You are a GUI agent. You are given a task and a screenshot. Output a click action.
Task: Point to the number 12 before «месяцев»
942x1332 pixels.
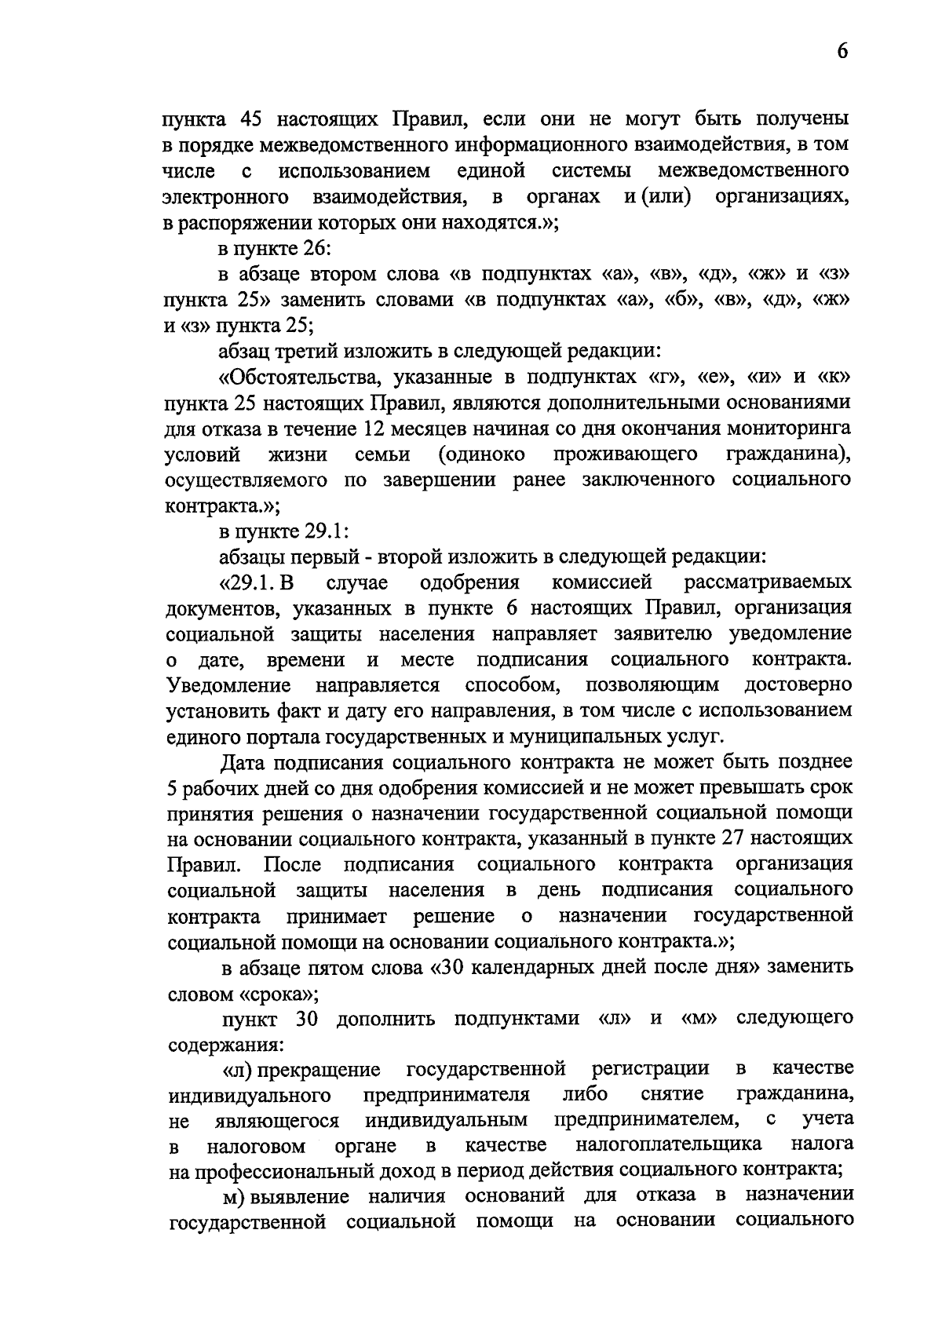point(378,429)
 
